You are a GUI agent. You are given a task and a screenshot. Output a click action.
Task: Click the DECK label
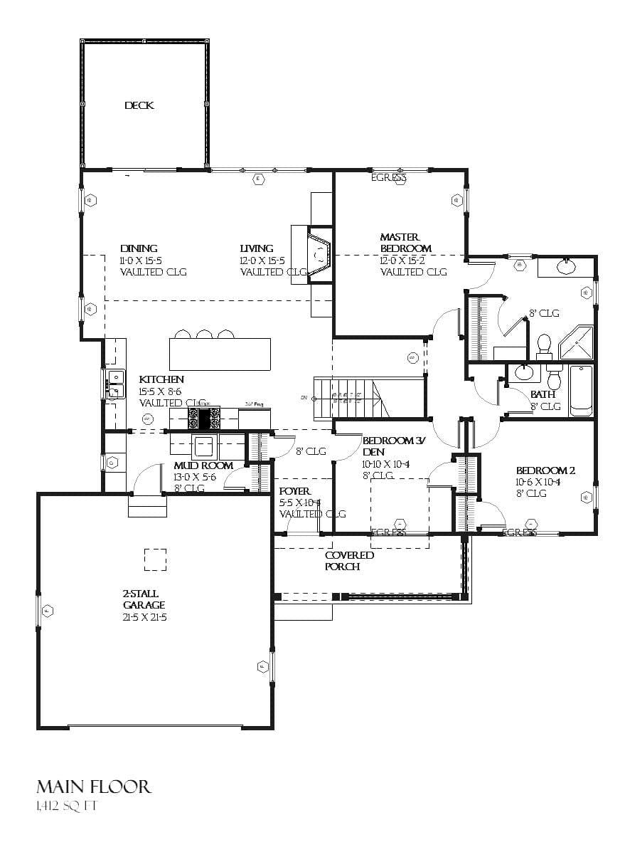(139, 105)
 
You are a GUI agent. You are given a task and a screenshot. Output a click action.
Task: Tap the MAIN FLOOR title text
(93, 786)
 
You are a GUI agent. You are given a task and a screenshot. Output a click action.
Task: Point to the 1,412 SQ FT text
(65, 807)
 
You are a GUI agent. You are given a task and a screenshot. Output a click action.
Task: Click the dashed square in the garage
(155, 559)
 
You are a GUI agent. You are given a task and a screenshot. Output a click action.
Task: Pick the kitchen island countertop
(220, 354)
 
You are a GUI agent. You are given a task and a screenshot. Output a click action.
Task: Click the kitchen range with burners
(203, 417)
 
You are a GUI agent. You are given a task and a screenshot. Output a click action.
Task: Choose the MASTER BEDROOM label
(405, 243)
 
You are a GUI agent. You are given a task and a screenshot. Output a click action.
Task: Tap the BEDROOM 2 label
(545, 470)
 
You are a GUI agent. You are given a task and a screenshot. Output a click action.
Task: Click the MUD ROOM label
(203, 466)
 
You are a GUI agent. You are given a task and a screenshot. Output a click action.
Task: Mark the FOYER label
(294, 491)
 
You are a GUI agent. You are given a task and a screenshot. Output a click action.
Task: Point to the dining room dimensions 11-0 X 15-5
(146, 261)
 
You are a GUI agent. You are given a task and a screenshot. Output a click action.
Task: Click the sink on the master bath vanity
(567, 268)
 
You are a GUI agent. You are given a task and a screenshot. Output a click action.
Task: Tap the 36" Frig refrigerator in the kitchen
(254, 417)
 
